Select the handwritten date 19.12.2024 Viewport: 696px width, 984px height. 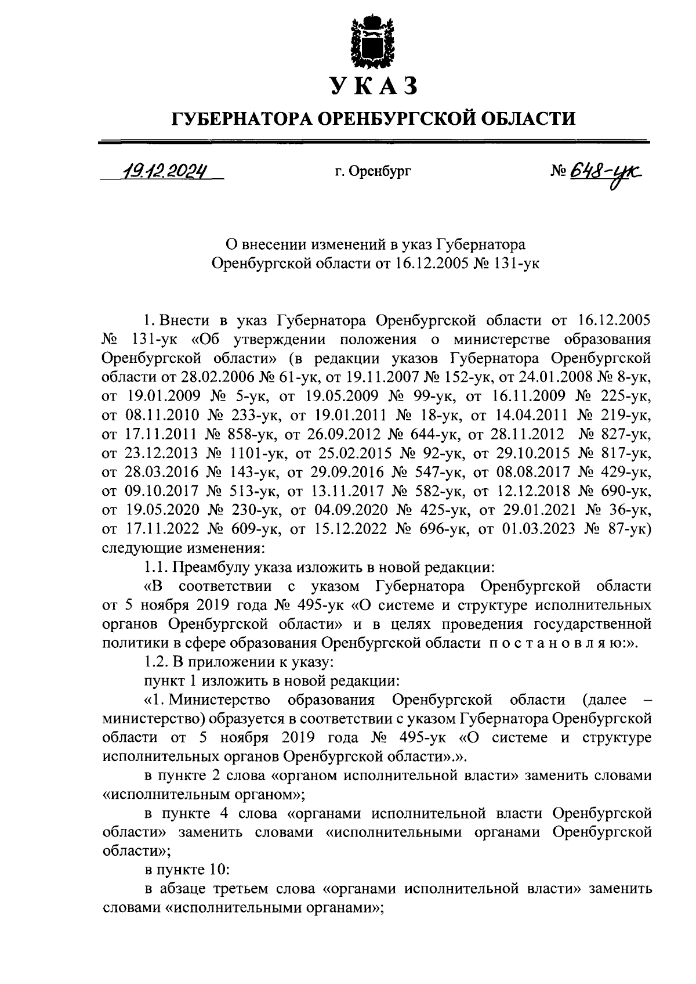coord(164,171)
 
